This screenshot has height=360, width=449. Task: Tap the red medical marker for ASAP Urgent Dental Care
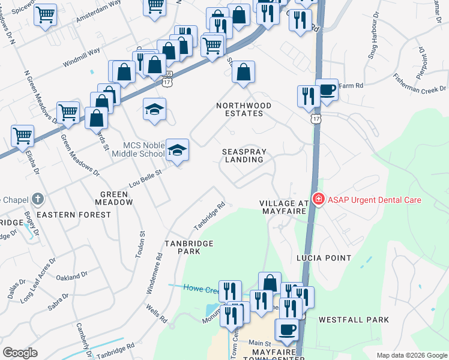pos(318,200)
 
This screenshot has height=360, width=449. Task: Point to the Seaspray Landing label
pos(243,156)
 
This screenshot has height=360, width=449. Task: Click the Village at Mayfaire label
pos(284,208)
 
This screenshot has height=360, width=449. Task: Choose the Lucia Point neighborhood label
pos(324,258)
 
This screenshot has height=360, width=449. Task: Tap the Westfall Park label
pos(354,320)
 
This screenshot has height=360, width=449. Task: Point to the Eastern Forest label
pos(66,214)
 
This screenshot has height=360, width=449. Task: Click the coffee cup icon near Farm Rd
pos(327,90)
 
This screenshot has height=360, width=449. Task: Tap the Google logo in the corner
pos(20,352)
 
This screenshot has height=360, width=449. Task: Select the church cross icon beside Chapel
pos(37,199)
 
